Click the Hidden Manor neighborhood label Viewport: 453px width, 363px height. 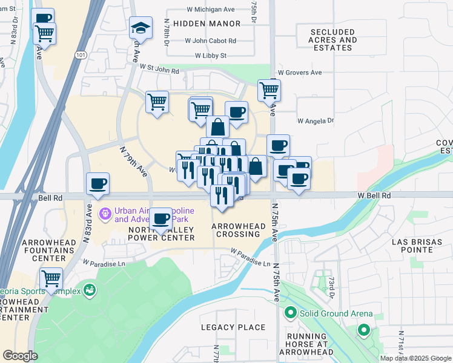click(207, 24)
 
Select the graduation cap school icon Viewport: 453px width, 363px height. click(140, 28)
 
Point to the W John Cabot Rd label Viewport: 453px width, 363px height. click(211, 41)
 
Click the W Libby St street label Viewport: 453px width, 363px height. click(210, 56)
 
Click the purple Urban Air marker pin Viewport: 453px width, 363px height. click(105, 212)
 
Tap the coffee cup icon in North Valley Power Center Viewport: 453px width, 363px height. click(160, 218)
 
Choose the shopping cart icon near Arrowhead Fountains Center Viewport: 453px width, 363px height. click(51, 279)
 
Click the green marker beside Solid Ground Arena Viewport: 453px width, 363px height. click(290, 313)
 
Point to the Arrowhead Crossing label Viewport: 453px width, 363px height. click(239, 230)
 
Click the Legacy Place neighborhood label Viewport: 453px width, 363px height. click(233, 327)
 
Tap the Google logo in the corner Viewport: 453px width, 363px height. click(20, 355)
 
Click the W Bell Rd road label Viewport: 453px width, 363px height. click(374, 196)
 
